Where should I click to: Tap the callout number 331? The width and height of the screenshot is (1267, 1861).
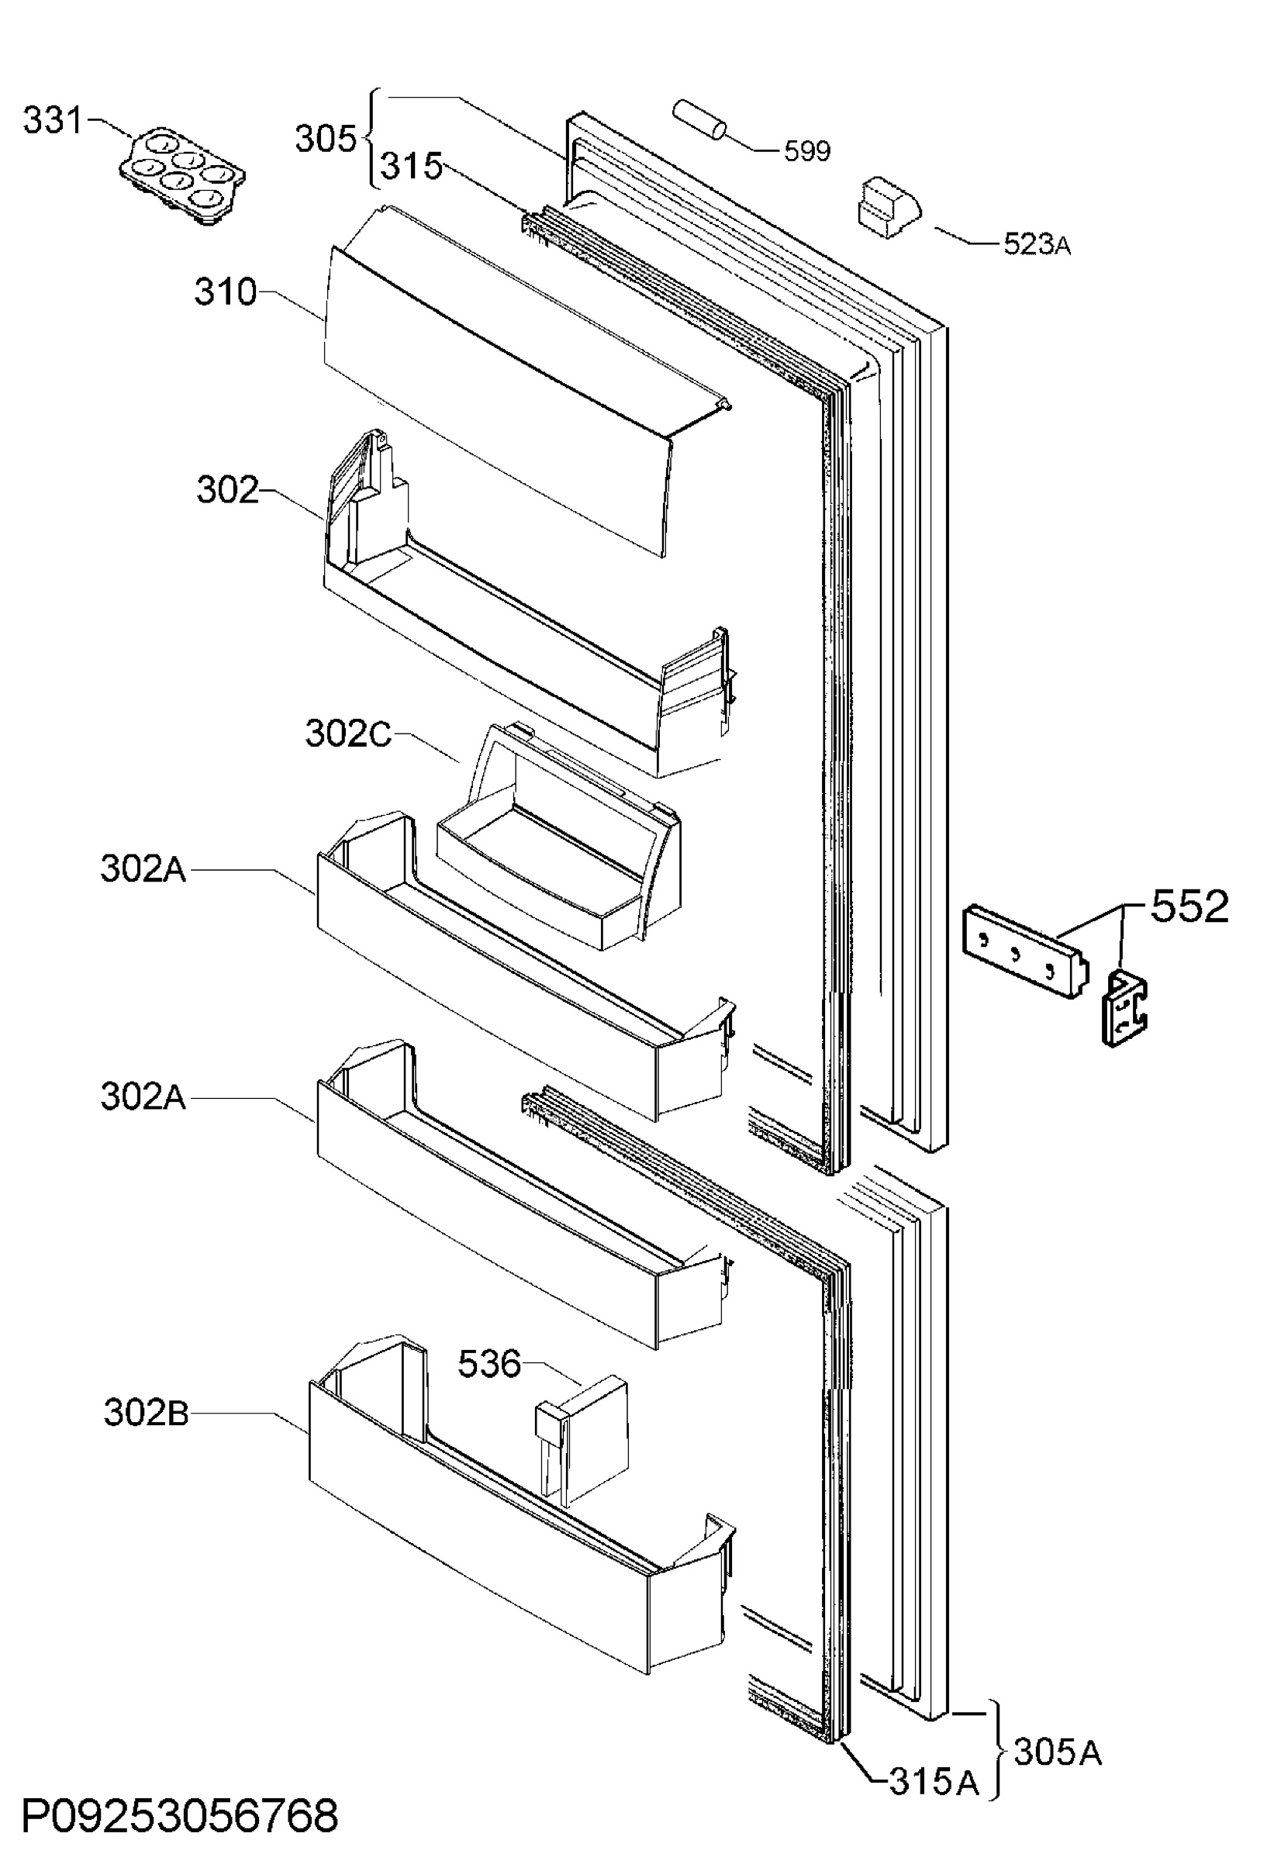[x=53, y=121]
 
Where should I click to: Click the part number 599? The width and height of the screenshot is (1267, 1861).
[x=806, y=150]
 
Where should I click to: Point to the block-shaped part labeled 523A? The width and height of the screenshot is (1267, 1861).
[x=889, y=206]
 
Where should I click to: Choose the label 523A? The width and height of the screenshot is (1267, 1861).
[x=1037, y=244]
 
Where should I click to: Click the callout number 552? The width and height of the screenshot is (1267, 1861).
[x=1189, y=907]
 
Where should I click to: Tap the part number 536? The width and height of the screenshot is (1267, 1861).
[x=489, y=1363]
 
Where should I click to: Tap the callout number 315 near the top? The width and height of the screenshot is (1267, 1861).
[x=411, y=167]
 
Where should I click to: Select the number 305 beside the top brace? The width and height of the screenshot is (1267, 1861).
[x=325, y=139]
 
